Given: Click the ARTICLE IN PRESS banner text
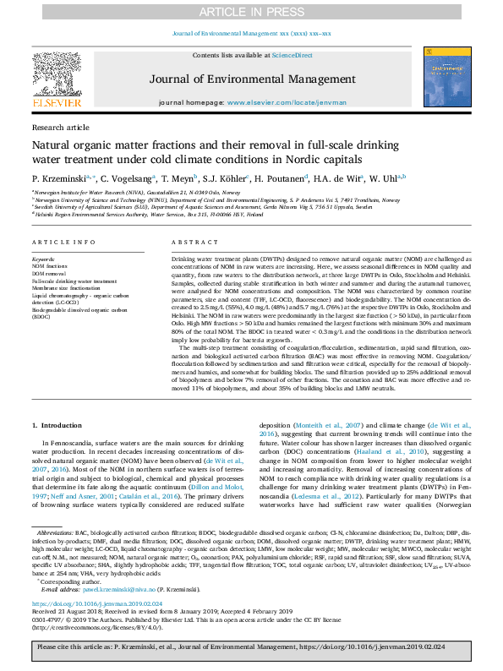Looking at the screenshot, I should pyautogui.click(x=251, y=11).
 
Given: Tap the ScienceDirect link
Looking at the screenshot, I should pyautogui.click(x=291, y=54).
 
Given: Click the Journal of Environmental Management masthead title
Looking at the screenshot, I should pyautogui.click(x=251, y=80).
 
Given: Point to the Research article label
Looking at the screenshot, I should pyautogui.click(x=60, y=127).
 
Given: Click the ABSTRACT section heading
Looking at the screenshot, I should pyautogui.click(x=189, y=242).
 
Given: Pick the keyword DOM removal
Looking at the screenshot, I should pyautogui.click(x=49, y=274).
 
